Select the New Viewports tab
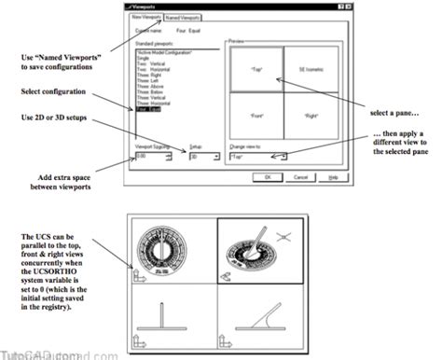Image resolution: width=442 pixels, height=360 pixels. [149, 18]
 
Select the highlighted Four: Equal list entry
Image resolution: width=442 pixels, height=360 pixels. [148, 110]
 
